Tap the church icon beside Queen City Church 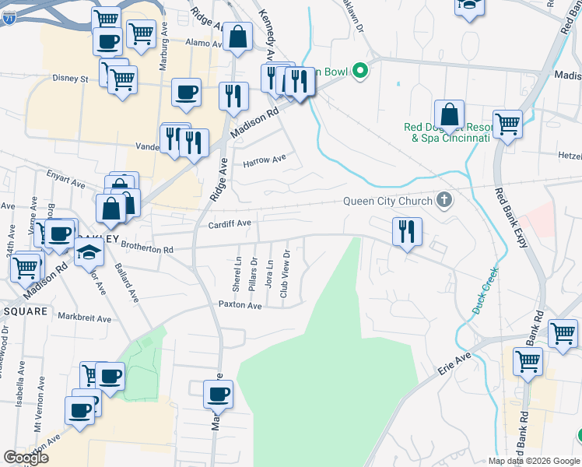(444, 201)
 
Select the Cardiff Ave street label (230, 223)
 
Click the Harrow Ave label (265, 161)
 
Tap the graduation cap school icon (89, 252)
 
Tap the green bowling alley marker (359, 71)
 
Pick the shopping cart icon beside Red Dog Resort (507, 123)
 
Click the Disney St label (72, 79)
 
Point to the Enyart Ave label (65, 177)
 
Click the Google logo (26, 458)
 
